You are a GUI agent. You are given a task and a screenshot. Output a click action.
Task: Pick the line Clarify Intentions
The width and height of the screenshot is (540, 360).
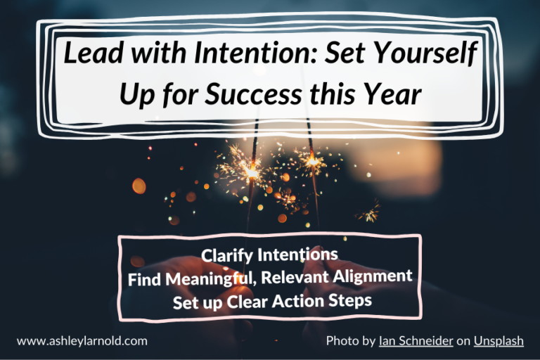coord(269,255)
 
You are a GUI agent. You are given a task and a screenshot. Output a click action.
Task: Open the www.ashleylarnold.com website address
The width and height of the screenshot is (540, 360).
coord(82,341)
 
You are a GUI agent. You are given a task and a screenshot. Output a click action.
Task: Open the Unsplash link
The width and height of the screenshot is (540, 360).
coord(499,341)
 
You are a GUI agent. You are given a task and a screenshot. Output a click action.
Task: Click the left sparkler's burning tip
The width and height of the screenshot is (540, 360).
coord(252,169)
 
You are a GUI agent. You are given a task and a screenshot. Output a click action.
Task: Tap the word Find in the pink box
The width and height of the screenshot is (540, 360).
coord(145,279)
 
